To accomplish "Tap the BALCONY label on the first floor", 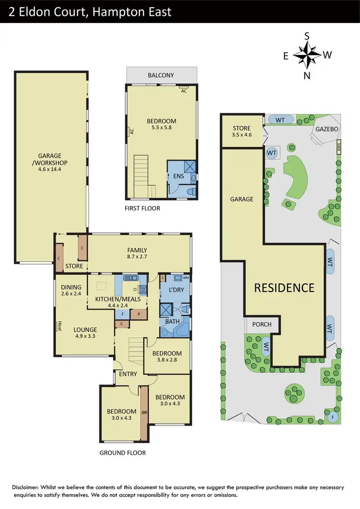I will [x=161, y=75].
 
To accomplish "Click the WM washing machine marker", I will [x=185, y=278].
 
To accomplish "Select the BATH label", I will [x=172, y=320].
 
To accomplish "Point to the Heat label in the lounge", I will [x=60, y=326].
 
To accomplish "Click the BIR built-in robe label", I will [x=144, y=412].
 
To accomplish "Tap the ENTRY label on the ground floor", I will [x=128, y=374].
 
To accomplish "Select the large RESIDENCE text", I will [x=284, y=288].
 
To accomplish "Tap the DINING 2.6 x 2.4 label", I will [x=71, y=291].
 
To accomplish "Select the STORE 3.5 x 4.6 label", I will [x=241, y=132].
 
